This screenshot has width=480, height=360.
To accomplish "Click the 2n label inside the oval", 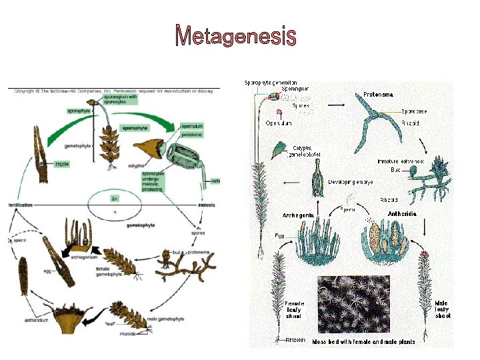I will [115, 198].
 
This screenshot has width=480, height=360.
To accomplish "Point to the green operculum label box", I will [191, 126].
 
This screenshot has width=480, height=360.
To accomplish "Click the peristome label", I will [191, 135].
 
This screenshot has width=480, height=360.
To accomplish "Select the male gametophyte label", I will [166, 319].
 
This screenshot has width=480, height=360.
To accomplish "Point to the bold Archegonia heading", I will [299, 215].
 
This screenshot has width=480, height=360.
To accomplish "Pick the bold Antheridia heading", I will [402, 214].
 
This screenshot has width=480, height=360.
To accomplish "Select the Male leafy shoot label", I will [441, 309].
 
